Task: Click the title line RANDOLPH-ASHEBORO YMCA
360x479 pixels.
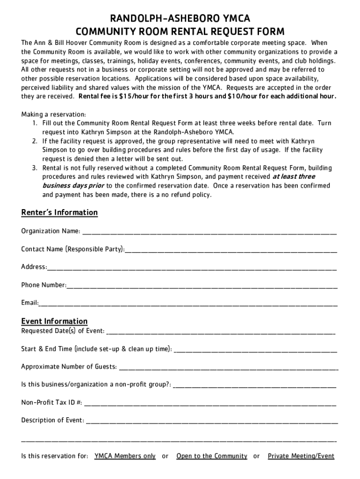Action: tap(180, 19)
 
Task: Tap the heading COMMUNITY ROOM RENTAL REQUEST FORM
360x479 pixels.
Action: tap(180, 32)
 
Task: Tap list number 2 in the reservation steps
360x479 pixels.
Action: tap(35, 141)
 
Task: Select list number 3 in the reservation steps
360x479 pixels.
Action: tap(35, 168)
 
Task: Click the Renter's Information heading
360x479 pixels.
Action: tap(59, 213)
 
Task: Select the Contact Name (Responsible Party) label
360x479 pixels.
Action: tap(72, 249)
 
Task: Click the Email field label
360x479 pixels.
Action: tap(29, 303)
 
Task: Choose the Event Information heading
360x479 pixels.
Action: tap(54, 321)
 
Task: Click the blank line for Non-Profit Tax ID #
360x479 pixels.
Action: tap(210, 402)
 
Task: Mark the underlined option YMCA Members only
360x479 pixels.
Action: tap(125, 456)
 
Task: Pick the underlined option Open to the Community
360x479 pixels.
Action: tap(212, 456)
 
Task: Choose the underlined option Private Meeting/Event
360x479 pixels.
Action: tap(301, 456)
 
